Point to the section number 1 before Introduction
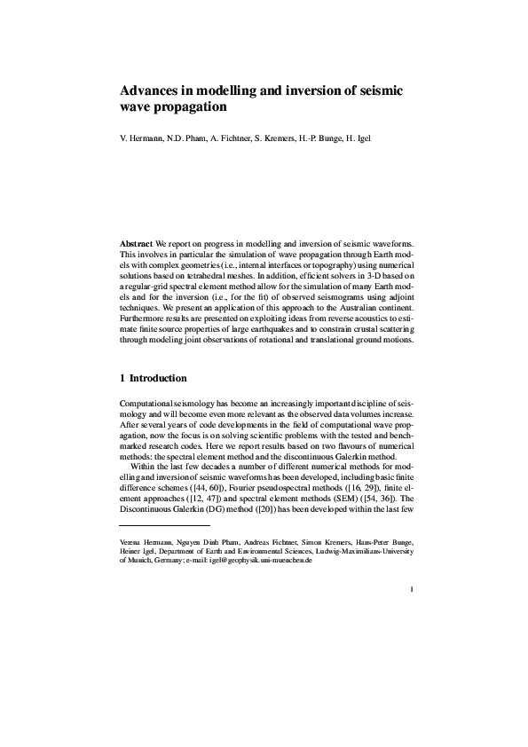pyautogui.click(x=122, y=377)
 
